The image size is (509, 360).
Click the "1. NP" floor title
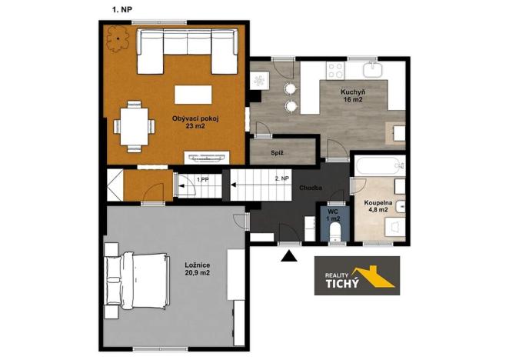122,10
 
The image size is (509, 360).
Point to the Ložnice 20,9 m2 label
198,269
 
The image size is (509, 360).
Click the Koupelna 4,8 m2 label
378,206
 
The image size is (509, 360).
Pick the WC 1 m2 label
334,215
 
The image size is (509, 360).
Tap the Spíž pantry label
278,153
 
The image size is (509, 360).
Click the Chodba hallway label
311,188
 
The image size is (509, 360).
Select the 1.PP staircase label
202,179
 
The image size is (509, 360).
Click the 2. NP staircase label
282,178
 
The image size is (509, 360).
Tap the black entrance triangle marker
289,256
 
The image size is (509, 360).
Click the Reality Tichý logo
357,275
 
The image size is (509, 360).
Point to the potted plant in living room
118,38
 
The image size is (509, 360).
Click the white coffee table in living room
193,95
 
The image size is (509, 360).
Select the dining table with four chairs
134,126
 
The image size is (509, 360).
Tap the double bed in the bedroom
137,281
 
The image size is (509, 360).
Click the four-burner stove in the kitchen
335,71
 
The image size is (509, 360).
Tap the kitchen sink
373,70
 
